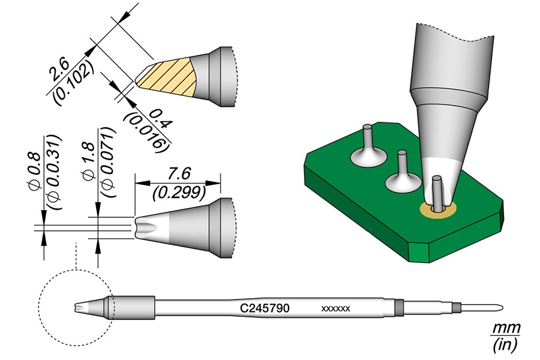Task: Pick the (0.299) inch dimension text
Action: click(x=178, y=191)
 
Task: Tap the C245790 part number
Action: click(x=265, y=308)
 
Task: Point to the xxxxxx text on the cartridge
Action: click(x=336, y=309)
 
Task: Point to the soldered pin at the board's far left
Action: click(x=367, y=147)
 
